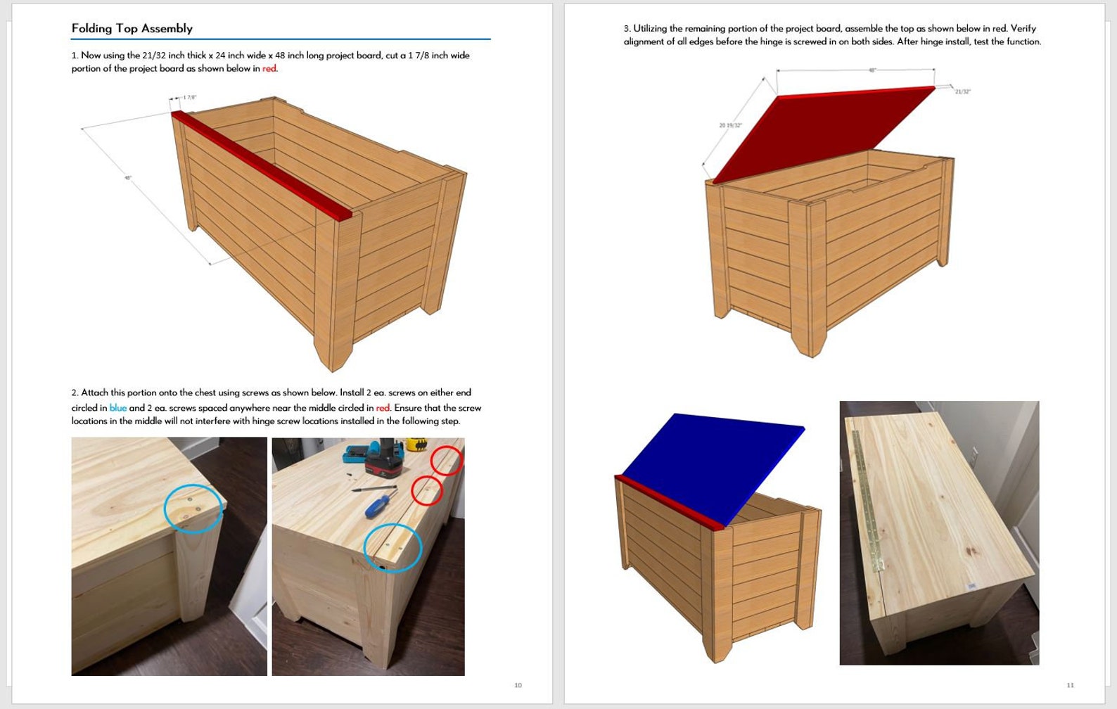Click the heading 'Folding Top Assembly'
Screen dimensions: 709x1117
point(132,28)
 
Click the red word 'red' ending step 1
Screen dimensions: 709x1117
point(269,68)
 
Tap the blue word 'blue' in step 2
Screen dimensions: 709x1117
point(117,408)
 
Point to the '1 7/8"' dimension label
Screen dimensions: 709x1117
point(189,97)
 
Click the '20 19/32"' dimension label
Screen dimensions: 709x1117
point(730,125)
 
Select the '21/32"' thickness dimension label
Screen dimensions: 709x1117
point(962,91)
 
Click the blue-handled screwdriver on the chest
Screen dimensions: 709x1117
point(380,504)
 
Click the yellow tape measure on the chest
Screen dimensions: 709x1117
point(419,445)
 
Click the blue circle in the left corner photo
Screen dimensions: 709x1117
point(193,509)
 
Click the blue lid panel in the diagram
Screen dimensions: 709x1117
point(710,464)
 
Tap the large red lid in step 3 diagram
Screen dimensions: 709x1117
point(823,134)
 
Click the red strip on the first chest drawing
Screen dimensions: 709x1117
point(260,165)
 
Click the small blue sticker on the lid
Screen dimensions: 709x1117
point(972,586)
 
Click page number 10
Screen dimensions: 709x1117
point(518,685)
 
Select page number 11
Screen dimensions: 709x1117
point(1070,685)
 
